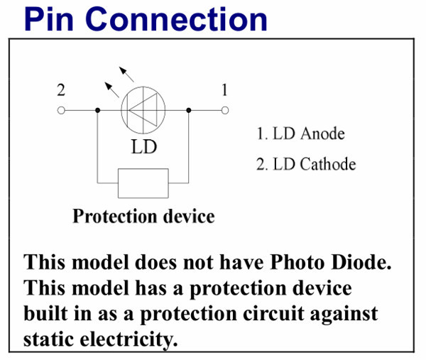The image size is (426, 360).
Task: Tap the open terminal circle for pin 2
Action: pyautogui.click(x=61, y=110)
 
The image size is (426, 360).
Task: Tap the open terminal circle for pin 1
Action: pyautogui.click(x=225, y=110)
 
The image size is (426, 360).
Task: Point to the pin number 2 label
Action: pyautogui.click(x=61, y=90)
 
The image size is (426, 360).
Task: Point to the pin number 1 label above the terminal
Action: pyautogui.click(x=224, y=90)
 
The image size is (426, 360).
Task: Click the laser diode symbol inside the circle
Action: pyautogui.click(x=143, y=110)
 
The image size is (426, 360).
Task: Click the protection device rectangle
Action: pyautogui.click(x=143, y=182)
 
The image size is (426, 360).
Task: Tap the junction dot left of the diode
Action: pyautogui.click(x=97, y=110)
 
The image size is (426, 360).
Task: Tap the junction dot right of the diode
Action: pyautogui.click(x=188, y=110)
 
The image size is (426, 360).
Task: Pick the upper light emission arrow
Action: pyautogui.click(x=126, y=73)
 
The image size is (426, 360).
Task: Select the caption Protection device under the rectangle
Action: pyautogui.click(x=143, y=215)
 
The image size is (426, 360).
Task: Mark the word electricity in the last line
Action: pyautogui.click(x=131, y=339)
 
